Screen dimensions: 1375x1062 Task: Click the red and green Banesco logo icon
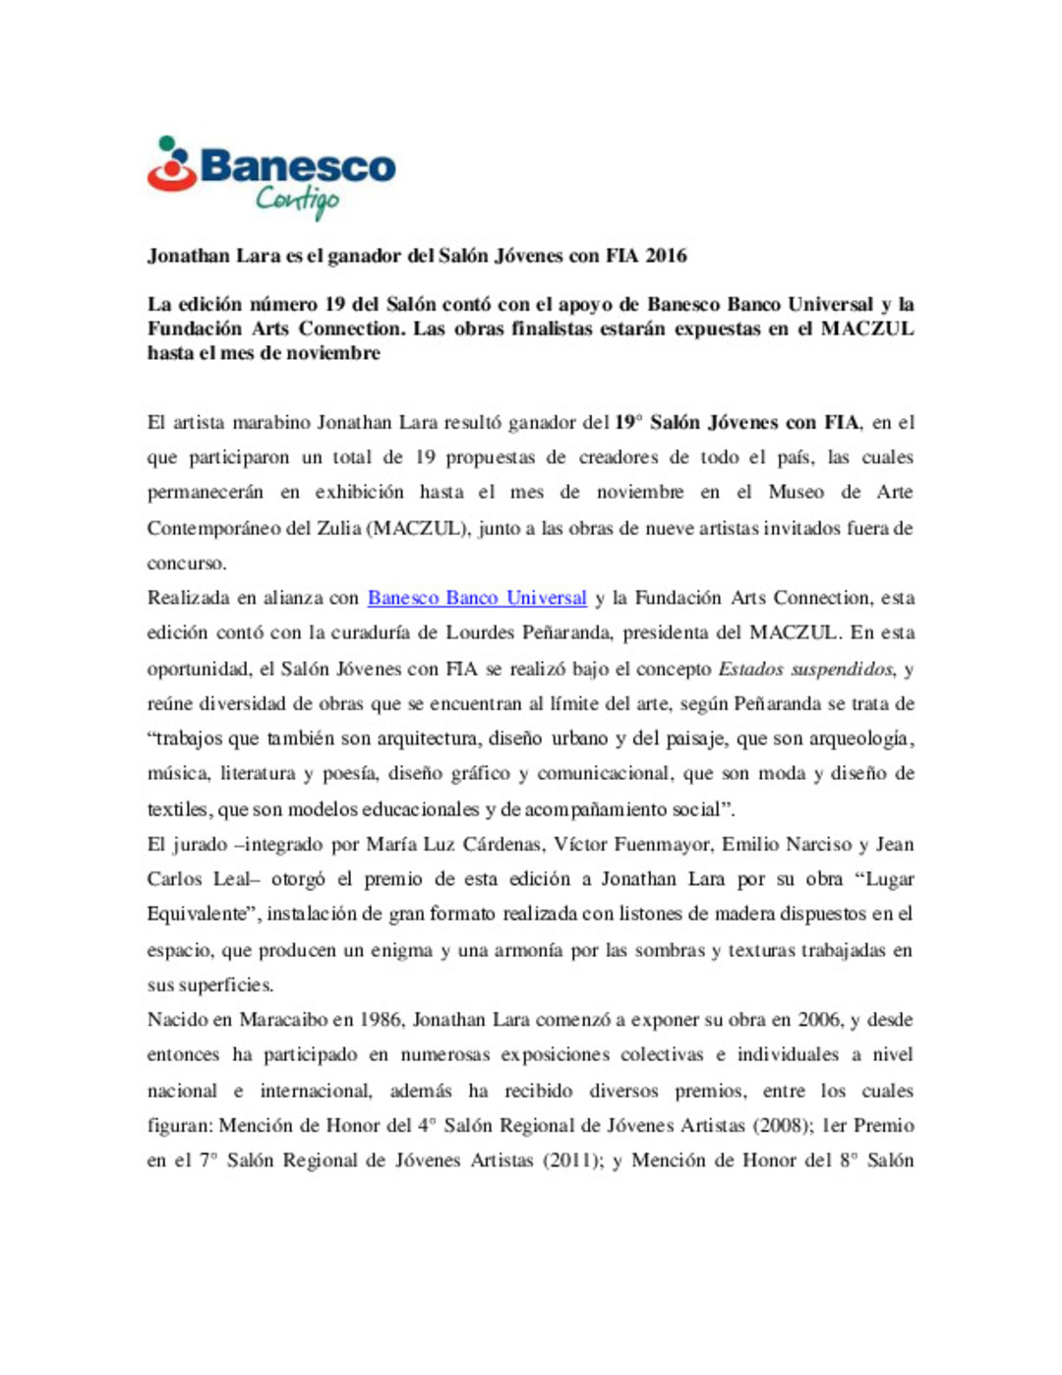[x=171, y=165]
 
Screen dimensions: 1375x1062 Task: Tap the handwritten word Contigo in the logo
[x=297, y=200]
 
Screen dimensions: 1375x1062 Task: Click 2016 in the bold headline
[x=666, y=256]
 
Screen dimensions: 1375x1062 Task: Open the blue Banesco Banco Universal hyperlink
[x=477, y=598]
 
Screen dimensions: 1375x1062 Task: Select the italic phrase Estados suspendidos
[x=806, y=669]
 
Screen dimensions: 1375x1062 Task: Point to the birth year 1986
[x=380, y=1020]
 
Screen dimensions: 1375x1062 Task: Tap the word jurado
[x=205, y=844]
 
